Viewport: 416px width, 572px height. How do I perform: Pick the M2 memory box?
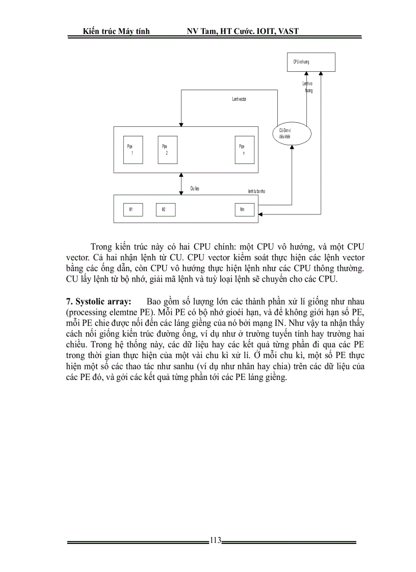[165, 209]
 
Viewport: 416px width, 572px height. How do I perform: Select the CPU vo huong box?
[310, 62]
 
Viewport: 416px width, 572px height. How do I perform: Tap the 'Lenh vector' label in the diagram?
[239, 99]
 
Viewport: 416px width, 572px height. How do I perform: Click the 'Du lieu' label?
[194, 188]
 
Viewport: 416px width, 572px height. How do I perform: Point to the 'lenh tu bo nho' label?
[256, 192]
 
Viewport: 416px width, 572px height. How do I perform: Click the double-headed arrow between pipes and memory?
[180, 183]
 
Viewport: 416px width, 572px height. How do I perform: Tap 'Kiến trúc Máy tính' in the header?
[116, 32]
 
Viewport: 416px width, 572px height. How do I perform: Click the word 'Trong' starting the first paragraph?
[101, 249]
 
